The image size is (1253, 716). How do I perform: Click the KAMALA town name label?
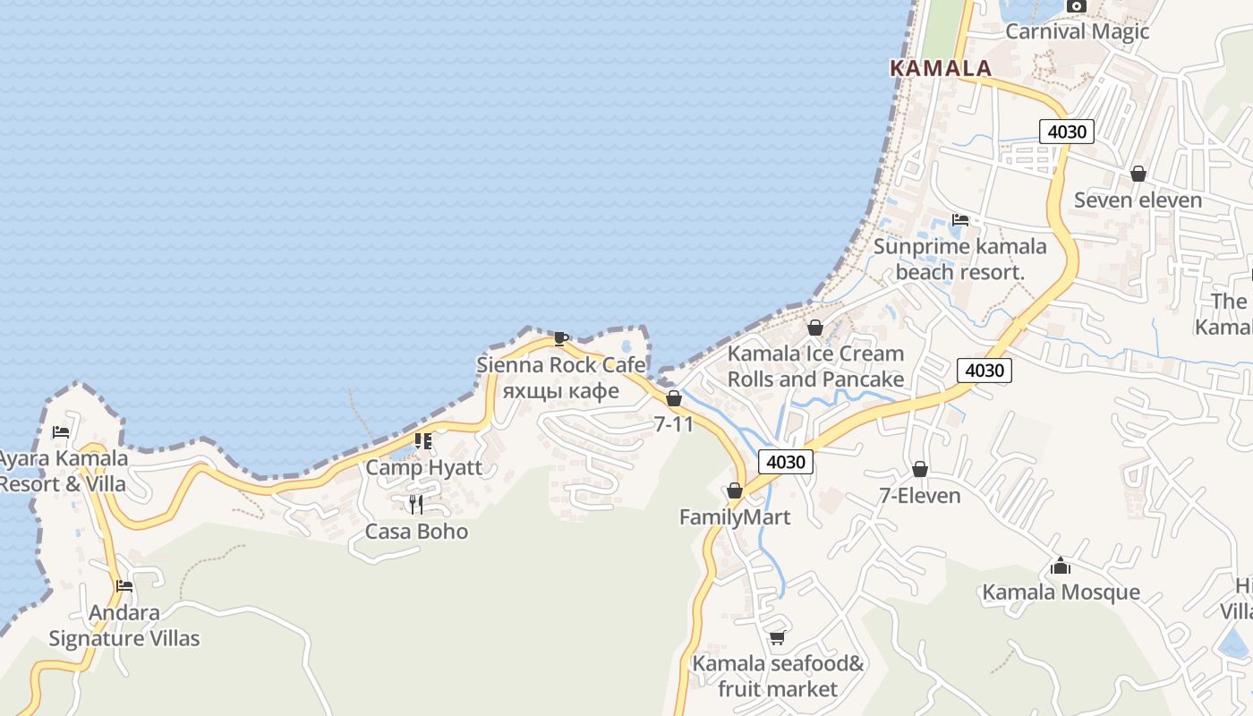coord(941,68)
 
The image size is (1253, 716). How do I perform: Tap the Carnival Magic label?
coord(1077,31)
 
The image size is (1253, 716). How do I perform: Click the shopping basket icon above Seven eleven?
coord(1138,174)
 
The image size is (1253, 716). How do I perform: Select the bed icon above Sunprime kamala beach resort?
coord(960,219)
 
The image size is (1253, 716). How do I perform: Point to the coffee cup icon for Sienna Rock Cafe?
coord(561,338)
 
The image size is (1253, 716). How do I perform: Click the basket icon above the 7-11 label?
coord(674,398)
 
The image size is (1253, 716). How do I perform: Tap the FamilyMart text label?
coord(735,517)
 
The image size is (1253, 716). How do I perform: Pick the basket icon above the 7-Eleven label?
coord(920,469)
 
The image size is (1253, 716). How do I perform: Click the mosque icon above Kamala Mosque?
coord(1061,566)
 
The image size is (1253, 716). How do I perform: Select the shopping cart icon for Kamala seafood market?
coord(777,637)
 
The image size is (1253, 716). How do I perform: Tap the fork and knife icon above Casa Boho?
coord(416,505)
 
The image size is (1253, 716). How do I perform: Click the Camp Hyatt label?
coord(423,467)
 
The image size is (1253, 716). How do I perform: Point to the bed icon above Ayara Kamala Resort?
coord(61,431)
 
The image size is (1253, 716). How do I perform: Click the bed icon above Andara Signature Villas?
coord(124,586)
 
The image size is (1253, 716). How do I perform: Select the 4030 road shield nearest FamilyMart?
coord(787,462)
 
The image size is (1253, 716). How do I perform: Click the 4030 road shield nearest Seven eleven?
coord(1067,132)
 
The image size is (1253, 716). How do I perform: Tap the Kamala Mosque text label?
coord(1061,592)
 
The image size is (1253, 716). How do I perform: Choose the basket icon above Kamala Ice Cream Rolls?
coord(815,328)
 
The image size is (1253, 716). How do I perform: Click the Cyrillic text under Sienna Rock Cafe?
coord(561,391)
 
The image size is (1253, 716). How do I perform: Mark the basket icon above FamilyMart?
coord(735,490)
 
